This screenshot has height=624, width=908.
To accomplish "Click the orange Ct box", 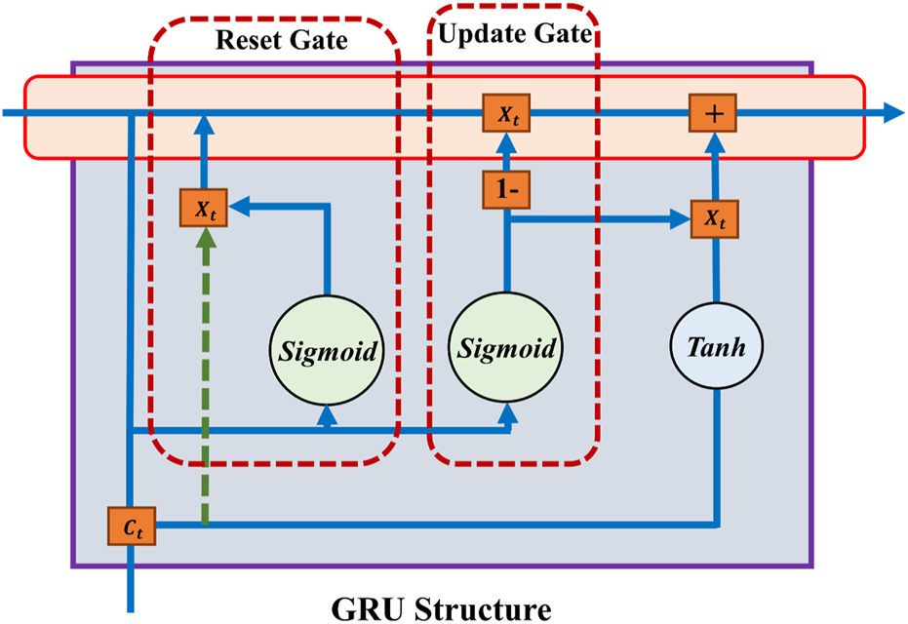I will point(130,526).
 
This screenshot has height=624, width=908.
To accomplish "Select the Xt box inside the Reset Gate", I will point(204,208).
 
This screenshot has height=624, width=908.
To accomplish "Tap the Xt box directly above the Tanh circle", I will point(714,219).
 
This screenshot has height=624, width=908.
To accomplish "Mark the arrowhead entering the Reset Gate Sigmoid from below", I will point(327,416).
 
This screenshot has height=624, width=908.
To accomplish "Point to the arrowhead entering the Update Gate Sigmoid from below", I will point(507,416).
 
